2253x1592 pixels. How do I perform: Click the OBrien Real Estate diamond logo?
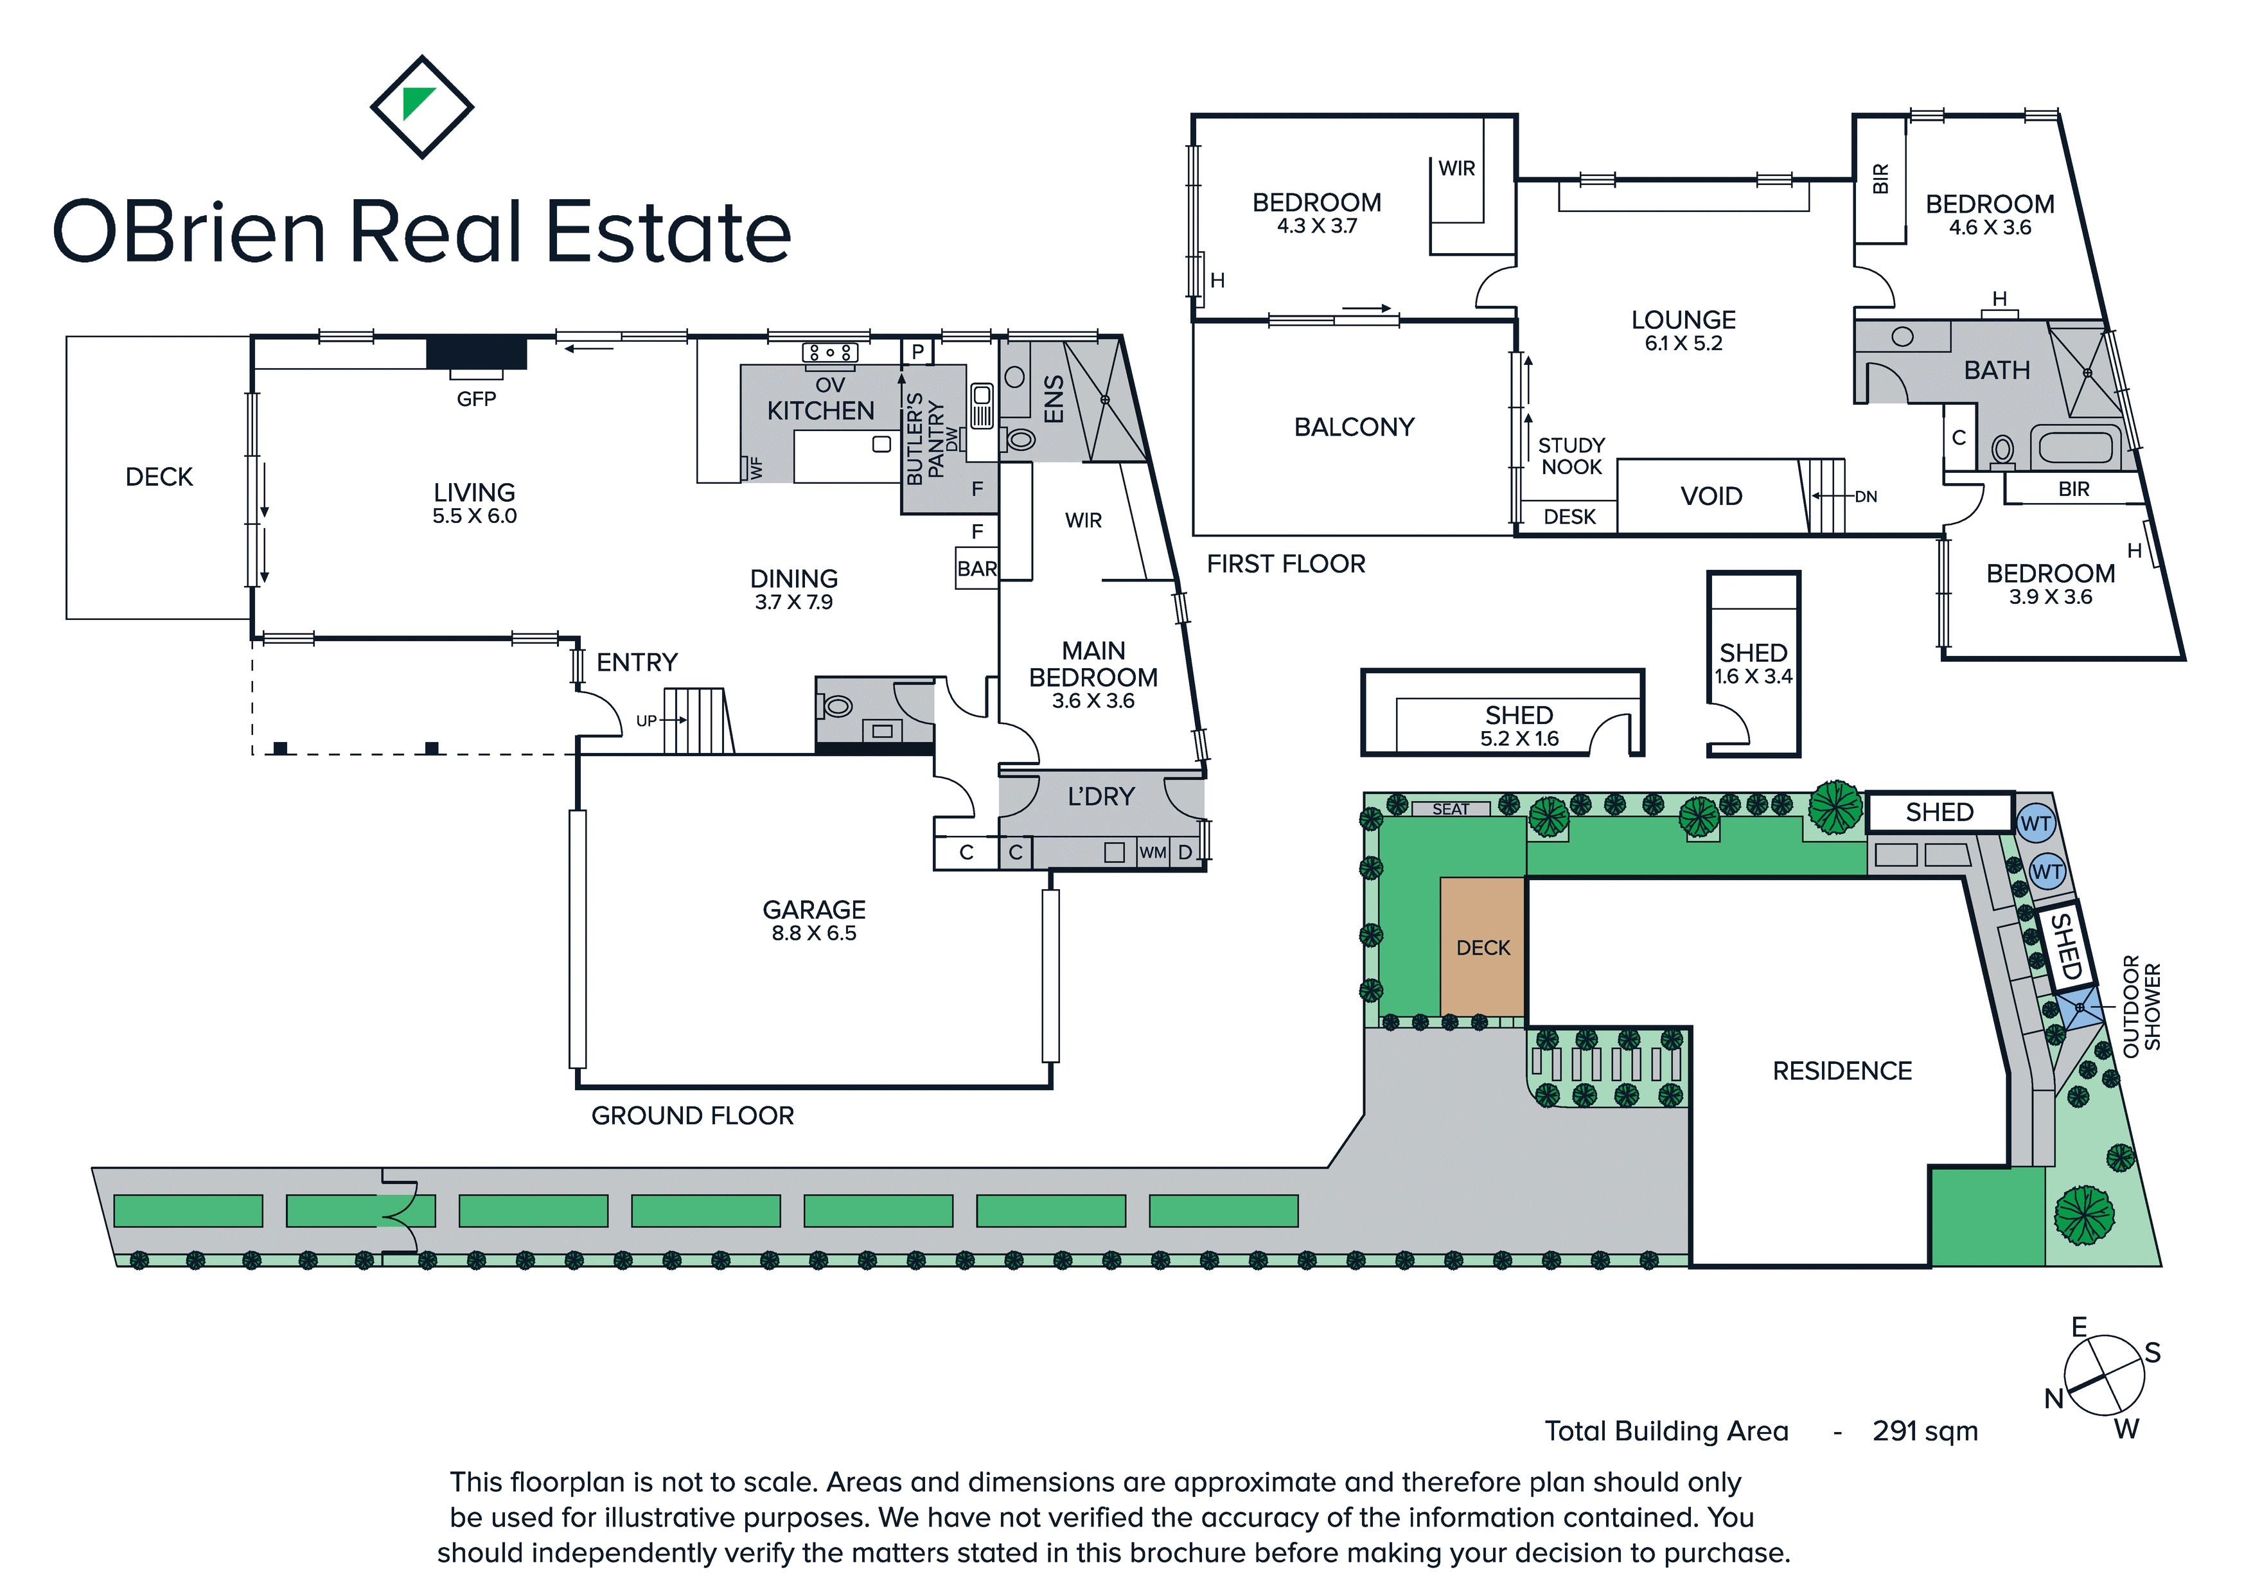pyautogui.click(x=422, y=106)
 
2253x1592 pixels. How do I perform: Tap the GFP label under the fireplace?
pyautogui.click(x=476, y=398)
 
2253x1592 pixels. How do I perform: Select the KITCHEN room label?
pyautogui.click(x=820, y=411)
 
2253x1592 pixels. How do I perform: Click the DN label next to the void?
pyautogui.click(x=1866, y=497)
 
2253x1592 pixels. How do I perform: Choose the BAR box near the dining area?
pyautogui.click(x=977, y=569)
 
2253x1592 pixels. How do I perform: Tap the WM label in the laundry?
pyautogui.click(x=1153, y=852)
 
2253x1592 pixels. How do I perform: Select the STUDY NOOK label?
pyautogui.click(x=1571, y=456)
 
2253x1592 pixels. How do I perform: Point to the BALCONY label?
pyautogui.click(x=1354, y=427)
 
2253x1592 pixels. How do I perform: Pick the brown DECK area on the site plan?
pyautogui.click(x=1483, y=947)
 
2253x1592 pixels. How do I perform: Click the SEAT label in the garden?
pyautogui.click(x=1451, y=809)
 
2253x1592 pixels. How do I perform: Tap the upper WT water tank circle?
pyautogui.click(x=2035, y=824)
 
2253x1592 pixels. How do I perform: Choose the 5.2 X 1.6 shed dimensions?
pyautogui.click(x=1519, y=739)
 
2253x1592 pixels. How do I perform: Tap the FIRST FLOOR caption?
pyautogui.click(x=1286, y=563)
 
